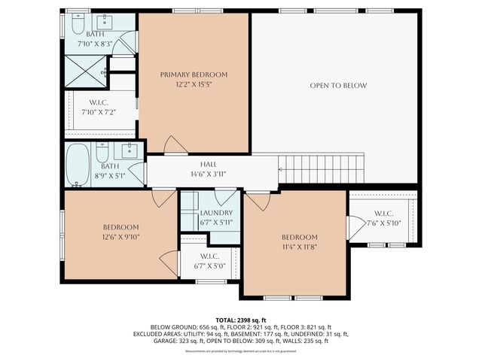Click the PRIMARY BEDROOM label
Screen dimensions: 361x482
(194, 74)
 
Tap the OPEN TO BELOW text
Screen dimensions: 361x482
(338, 86)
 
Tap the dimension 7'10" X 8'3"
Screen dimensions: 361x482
(96, 44)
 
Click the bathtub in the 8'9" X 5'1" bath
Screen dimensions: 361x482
(77, 165)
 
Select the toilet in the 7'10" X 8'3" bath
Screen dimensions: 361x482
(77, 26)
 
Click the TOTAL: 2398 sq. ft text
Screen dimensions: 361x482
(241, 319)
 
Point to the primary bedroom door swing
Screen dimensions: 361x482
(172, 145)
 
